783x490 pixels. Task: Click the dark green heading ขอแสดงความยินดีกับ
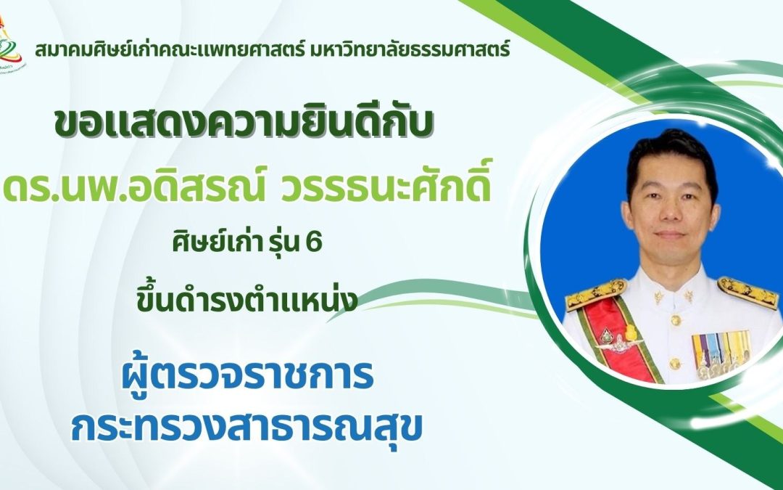(x=244, y=124)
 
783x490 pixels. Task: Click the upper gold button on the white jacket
(x=675, y=320)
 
